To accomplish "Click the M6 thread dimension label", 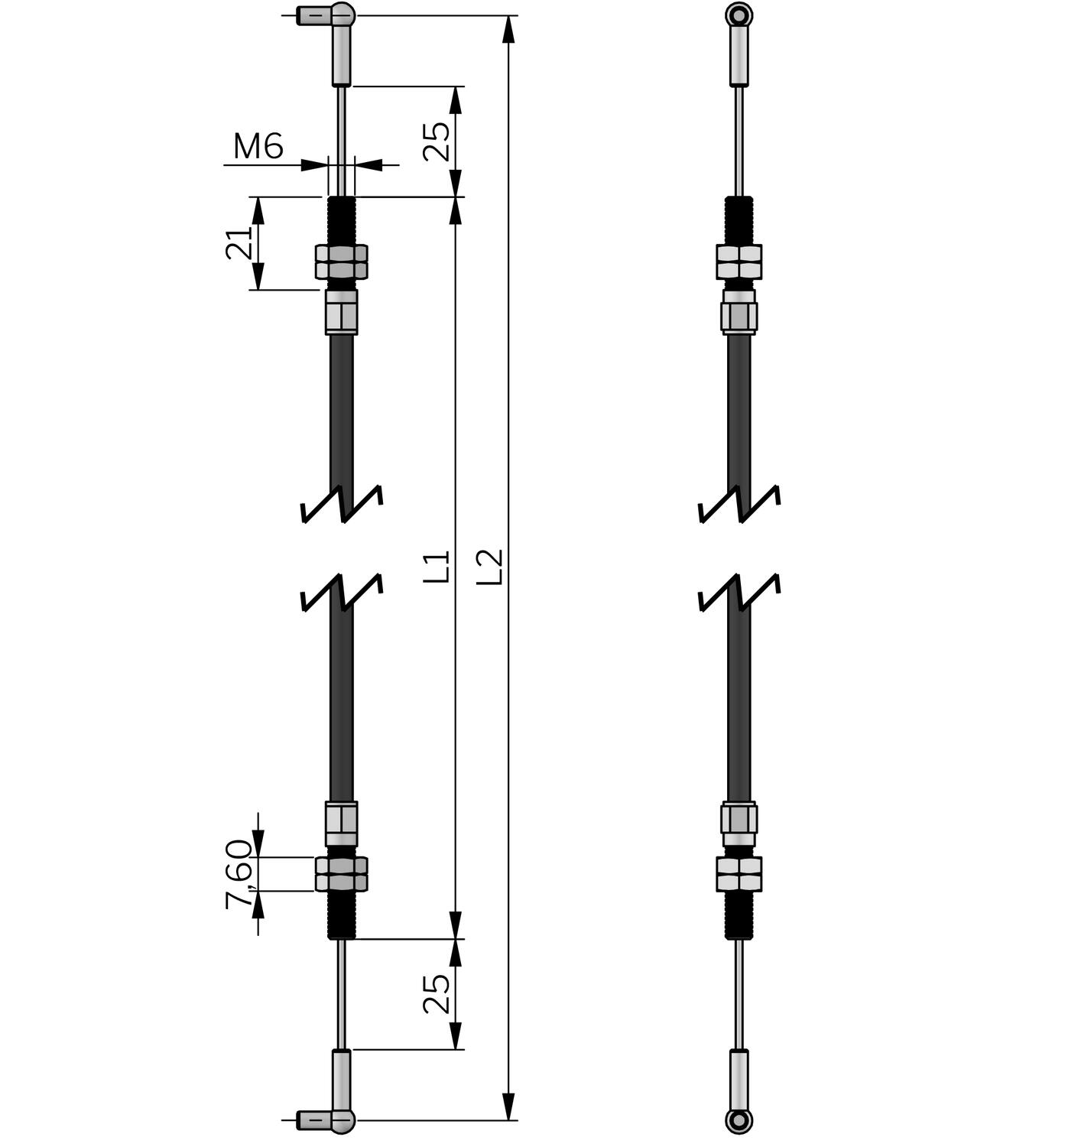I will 258,146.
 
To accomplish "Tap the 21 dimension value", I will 239,243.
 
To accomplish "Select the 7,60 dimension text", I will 239,873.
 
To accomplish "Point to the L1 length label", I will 437,567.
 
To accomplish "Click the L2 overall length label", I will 489,567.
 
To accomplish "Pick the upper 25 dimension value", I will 437,141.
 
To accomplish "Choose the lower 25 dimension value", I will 437,993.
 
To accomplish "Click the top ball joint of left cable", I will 343,15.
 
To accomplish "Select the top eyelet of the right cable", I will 739,15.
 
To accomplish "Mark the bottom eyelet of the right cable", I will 739,1120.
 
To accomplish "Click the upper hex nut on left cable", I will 342,262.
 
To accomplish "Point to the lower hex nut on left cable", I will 342,874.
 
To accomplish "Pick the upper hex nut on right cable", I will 739,262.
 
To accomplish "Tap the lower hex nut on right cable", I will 739,874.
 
